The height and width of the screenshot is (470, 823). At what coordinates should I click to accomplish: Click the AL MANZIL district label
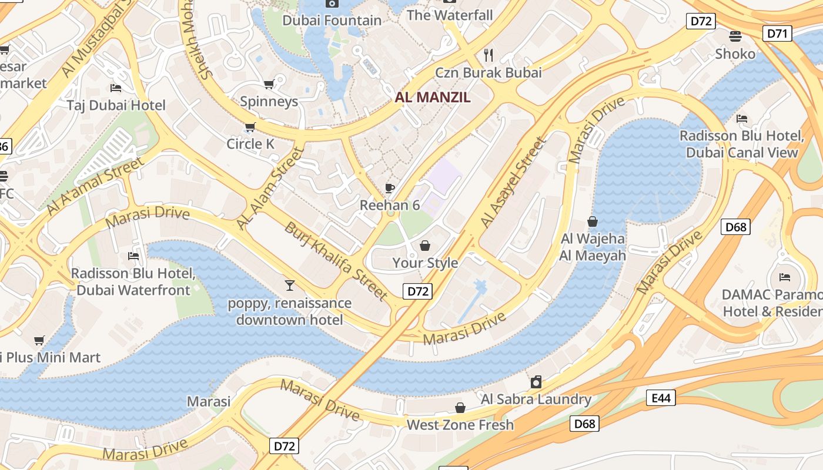point(433,98)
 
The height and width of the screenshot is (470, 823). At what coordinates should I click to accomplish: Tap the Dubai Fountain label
point(332,21)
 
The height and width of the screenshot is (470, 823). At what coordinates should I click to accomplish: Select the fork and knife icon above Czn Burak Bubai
point(488,55)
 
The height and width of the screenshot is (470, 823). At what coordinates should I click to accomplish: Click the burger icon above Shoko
point(735,36)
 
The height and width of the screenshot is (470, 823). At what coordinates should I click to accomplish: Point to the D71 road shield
point(777,33)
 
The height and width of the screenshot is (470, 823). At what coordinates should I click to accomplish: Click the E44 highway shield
point(661,398)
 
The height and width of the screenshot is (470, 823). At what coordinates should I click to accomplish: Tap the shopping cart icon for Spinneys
point(269,85)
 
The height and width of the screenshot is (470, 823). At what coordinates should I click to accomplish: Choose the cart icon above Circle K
point(250,127)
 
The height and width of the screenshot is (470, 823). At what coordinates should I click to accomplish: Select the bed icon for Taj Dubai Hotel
point(116,88)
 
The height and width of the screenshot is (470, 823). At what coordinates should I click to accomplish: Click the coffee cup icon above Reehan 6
point(389,188)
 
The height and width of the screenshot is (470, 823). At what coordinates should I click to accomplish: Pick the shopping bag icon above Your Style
point(424,246)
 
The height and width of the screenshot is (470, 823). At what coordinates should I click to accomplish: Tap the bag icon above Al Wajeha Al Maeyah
point(592,221)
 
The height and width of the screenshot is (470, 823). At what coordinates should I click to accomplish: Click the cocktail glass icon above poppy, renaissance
point(289,286)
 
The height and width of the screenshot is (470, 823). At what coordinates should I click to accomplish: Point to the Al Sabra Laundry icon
point(536,382)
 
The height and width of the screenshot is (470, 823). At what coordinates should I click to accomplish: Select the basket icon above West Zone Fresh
point(460,408)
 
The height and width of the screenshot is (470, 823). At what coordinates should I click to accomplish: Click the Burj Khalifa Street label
point(336,260)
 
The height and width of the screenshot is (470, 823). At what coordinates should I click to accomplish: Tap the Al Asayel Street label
point(514,183)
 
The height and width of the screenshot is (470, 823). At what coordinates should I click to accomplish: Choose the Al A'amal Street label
point(95,185)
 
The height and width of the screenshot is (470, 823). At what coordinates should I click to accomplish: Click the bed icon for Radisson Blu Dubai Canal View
point(742,119)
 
